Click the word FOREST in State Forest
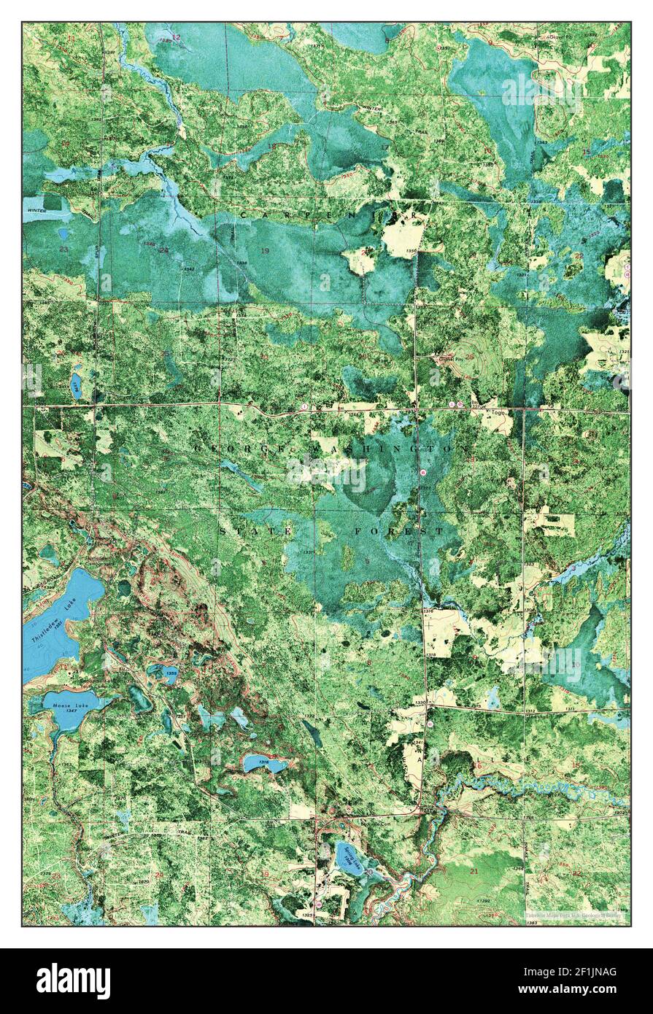tap(398, 531)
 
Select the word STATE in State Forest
tap(249, 531)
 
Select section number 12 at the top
tap(176, 36)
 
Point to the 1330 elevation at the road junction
tap(420, 702)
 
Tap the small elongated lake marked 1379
tap(76, 384)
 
